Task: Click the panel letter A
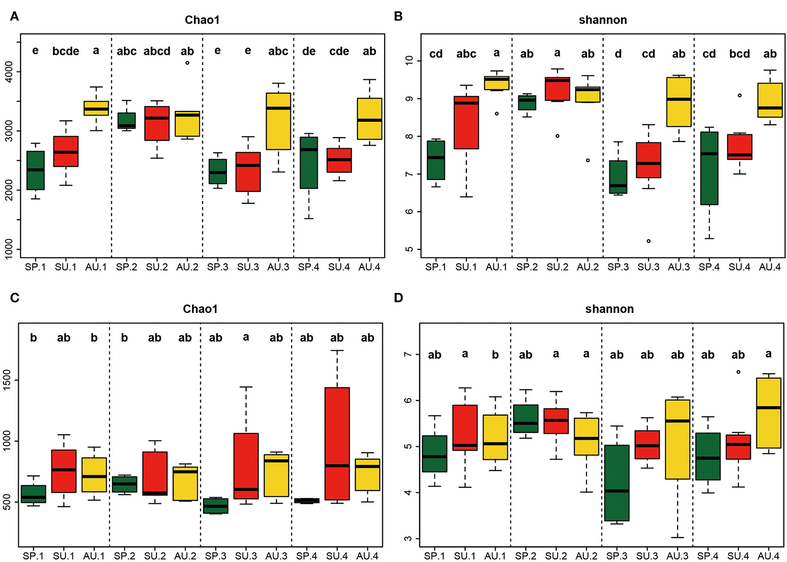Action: click(14, 17)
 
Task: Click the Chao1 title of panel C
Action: click(200, 309)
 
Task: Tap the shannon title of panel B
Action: click(603, 20)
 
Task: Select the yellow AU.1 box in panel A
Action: click(96, 108)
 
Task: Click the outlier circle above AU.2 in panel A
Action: click(187, 63)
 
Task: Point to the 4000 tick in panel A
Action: click(9, 71)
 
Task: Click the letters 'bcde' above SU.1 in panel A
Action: click(66, 51)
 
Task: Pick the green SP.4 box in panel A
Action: click(309, 162)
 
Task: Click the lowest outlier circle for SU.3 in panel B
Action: click(648, 241)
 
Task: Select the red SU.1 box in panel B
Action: click(466, 123)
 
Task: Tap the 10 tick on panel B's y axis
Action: click(409, 60)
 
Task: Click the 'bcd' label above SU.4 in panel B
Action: click(739, 54)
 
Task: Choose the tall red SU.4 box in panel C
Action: click(337, 443)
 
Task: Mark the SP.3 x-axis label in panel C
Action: click(215, 556)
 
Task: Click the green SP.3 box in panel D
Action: click(616, 483)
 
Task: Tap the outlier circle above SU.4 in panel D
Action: click(738, 372)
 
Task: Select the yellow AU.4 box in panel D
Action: click(768, 413)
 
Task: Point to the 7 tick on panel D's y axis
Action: click(409, 354)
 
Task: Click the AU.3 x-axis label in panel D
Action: click(677, 556)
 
